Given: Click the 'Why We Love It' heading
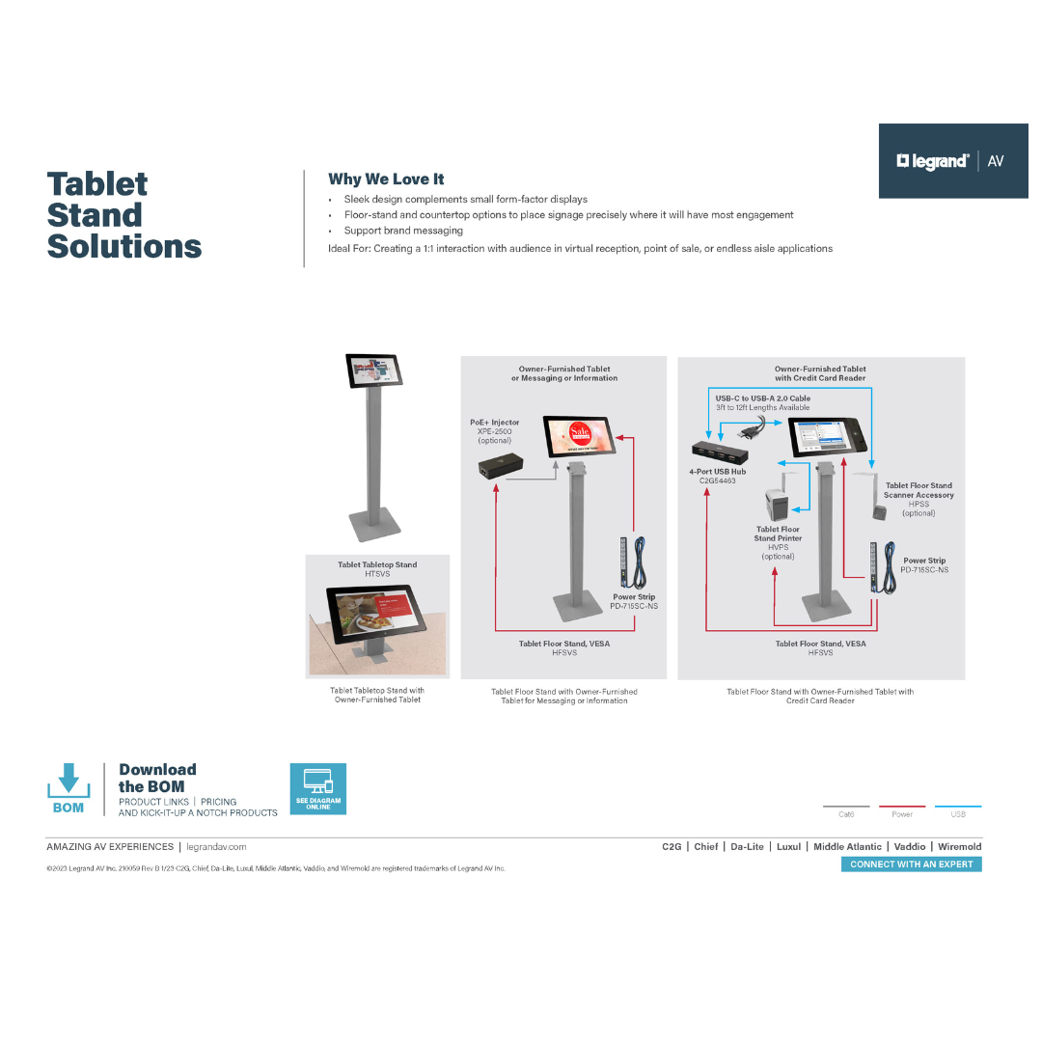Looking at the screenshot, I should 386,178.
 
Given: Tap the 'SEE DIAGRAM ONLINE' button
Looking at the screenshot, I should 317,788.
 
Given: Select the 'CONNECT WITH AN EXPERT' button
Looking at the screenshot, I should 911,864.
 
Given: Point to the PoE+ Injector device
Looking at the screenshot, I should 501,468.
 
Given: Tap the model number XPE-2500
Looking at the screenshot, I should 494,431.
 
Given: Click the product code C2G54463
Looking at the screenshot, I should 717,480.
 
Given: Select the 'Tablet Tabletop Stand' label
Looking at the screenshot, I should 377,564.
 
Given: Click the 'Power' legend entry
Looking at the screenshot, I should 902,813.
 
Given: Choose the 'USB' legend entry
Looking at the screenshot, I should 958,813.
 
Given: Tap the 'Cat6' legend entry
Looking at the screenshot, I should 846,813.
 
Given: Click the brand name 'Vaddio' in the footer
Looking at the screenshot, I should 909,846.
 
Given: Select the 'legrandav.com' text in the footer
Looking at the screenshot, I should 216,846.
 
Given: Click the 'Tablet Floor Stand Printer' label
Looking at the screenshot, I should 778,534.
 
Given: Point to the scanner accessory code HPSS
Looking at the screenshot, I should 919,504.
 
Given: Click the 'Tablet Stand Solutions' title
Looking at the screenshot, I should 123,215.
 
